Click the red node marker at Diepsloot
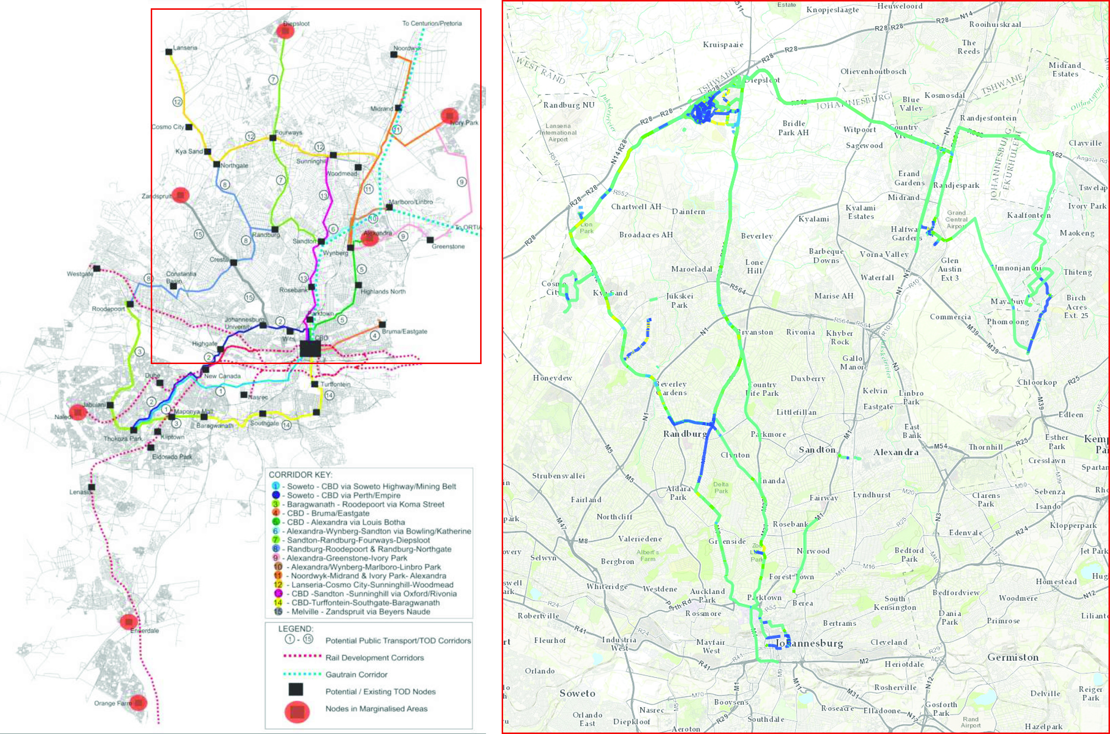285,30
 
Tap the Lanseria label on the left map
185,48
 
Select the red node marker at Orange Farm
139,703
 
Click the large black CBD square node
310,349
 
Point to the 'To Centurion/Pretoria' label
432,23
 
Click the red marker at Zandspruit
181,195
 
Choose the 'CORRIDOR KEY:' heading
300,475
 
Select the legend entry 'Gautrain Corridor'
356,674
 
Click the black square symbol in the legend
296,689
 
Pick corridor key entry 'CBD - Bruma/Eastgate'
328,513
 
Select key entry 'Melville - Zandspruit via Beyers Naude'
358,612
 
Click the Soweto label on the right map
578,693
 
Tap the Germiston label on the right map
1013,658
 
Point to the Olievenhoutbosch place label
873,71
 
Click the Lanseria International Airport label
558,133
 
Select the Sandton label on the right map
817,450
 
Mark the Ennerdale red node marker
129,621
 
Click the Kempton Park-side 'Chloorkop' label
1037,383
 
